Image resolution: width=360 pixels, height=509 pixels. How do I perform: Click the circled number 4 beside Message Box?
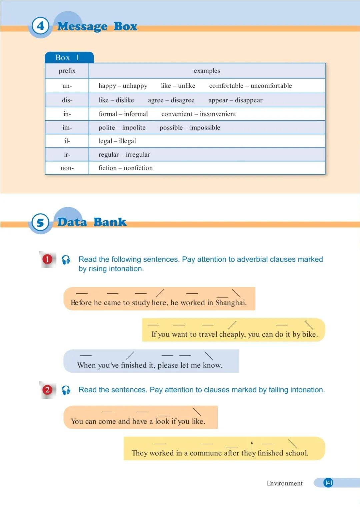click(40, 26)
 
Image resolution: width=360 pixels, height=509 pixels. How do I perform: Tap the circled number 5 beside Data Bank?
click(40, 222)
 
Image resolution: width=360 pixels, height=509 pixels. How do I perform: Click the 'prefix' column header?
click(67, 71)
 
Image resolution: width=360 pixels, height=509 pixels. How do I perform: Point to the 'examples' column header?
click(207, 71)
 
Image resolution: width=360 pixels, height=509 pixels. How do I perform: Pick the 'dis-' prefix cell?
click(67, 100)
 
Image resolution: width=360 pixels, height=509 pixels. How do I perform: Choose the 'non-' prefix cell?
click(67, 168)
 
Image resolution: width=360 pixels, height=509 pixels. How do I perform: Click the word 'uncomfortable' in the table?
click(271, 86)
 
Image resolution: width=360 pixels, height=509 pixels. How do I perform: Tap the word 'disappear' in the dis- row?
click(248, 100)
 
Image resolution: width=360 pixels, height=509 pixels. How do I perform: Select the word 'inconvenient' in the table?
click(218, 114)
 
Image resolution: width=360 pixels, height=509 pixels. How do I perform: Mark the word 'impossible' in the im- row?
click(205, 128)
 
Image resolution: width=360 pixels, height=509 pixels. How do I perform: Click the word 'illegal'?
click(127, 141)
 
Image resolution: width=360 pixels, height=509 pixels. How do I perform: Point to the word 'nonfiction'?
click(138, 168)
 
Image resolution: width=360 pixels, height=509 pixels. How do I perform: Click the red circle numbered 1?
click(47, 259)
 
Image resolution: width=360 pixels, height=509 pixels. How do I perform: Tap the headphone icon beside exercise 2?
click(66, 390)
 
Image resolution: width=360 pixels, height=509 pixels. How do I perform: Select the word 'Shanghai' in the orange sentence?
click(230, 303)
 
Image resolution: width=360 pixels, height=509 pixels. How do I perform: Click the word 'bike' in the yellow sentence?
click(309, 334)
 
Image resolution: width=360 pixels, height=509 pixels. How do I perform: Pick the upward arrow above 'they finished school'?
click(252, 445)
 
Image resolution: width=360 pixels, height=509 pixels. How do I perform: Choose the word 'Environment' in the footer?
click(285, 483)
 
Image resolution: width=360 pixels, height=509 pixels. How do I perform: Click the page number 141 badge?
click(328, 483)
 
